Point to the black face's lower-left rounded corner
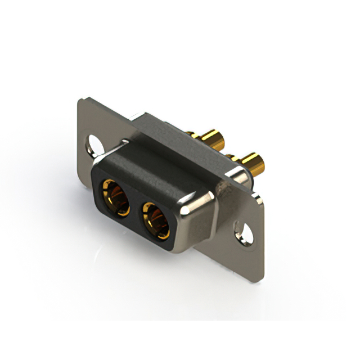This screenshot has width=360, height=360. point(98,208)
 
